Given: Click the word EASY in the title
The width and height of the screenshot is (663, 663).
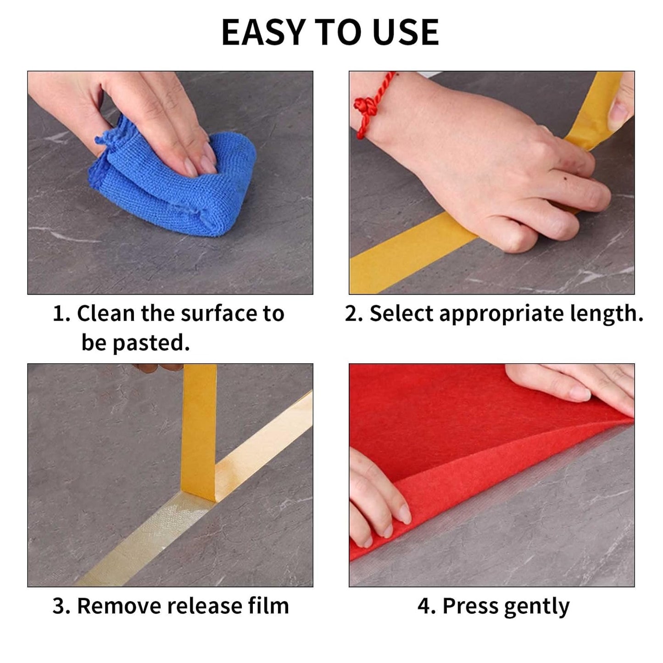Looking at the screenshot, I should tap(263, 33).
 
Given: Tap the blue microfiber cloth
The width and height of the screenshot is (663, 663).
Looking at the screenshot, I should tap(184, 184).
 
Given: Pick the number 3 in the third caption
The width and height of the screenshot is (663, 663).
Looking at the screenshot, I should tap(59, 607).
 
